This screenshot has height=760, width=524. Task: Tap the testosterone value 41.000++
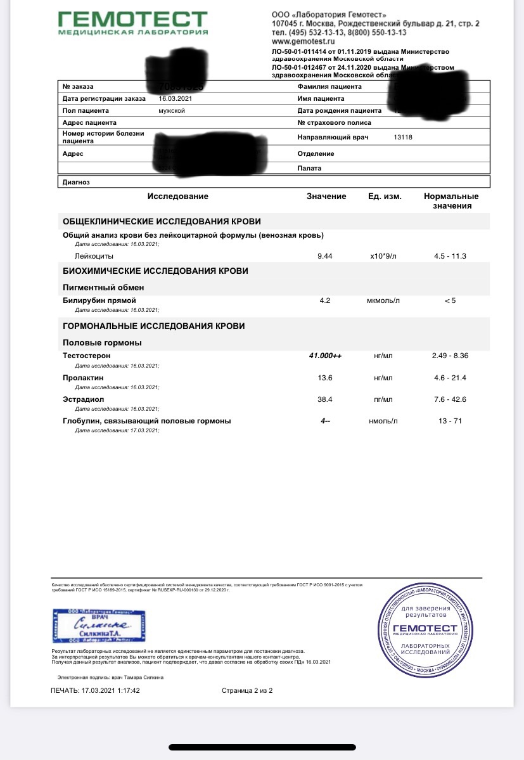[325, 356]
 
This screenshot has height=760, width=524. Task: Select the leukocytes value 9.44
[325, 256]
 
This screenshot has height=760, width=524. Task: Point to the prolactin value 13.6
[325, 378]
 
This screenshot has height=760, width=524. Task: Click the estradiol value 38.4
[325, 399]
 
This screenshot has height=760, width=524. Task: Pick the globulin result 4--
[325, 421]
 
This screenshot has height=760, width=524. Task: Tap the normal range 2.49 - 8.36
[450, 356]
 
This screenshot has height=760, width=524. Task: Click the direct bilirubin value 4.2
[325, 300]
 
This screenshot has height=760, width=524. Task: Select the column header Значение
[326, 196]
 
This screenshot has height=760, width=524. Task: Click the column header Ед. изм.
[385, 196]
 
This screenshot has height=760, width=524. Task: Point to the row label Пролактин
[83, 378]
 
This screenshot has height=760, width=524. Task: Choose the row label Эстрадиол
[83, 399]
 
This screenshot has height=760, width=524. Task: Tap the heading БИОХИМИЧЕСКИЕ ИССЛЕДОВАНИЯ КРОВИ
[155, 271]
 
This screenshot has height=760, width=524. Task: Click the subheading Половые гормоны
[102, 342]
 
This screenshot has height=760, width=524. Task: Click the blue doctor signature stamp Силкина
[98, 627]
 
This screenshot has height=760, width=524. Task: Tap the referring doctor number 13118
[403, 137]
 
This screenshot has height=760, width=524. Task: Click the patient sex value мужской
[172, 110]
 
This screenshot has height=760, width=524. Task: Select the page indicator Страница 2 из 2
[246, 690]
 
